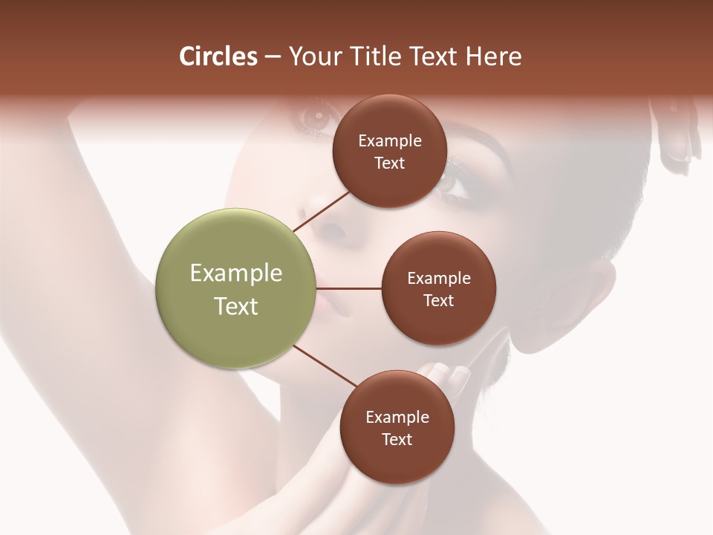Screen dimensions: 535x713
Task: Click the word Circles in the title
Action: pyautogui.click(x=218, y=56)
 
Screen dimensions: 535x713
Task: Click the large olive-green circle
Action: pyautogui.click(x=235, y=289)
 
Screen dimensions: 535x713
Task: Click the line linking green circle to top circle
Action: pyautogui.click(x=321, y=211)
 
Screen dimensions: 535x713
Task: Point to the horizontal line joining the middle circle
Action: pyautogui.click(x=350, y=288)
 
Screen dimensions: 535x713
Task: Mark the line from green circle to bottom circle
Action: pyautogui.click(x=325, y=366)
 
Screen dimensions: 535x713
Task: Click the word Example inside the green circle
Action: pyautogui.click(x=235, y=273)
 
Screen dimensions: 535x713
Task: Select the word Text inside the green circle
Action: pyautogui.click(x=235, y=306)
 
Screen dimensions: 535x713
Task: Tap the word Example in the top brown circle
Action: pyautogui.click(x=390, y=141)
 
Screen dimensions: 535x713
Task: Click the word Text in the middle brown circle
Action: pyautogui.click(x=439, y=300)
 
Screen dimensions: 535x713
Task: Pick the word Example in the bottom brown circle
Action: pyautogui.click(x=397, y=418)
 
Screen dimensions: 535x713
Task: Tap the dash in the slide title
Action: pyautogui.click(x=273, y=57)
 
